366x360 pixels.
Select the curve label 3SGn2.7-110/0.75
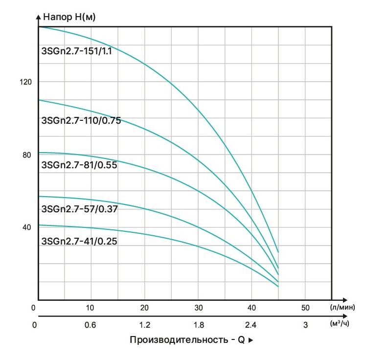[81, 120]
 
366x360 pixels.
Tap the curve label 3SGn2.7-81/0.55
[80, 165]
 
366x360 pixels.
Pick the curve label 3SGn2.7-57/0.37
[80, 209]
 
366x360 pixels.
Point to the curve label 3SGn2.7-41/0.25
[80, 241]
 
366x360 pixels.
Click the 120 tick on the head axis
[25, 82]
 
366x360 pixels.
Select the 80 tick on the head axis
[27, 155]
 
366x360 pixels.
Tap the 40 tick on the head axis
[27, 227]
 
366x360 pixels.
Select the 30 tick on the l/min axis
[198, 308]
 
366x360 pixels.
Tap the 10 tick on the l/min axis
[90, 308]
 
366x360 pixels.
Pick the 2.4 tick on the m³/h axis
[251, 325]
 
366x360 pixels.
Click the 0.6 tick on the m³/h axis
[90, 325]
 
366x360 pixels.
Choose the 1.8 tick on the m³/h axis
[198, 325]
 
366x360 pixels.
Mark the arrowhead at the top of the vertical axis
[38, 17]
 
